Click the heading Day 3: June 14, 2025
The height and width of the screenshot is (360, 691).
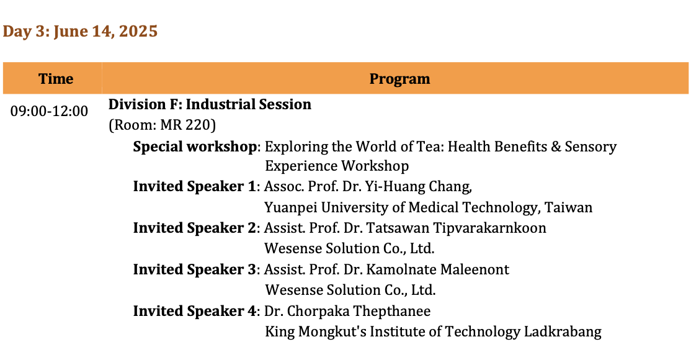click(x=80, y=31)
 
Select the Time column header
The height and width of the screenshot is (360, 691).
click(x=56, y=79)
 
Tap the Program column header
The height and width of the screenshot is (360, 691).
click(x=399, y=79)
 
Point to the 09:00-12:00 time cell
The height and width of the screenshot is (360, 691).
click(x=50, y=111)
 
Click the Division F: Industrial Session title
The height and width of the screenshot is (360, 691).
click(x=210, y=104)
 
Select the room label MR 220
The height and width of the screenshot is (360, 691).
click(x=187, y=125)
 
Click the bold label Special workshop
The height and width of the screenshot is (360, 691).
click(x=195, y=146)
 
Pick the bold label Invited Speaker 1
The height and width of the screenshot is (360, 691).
click(x=194, y=186)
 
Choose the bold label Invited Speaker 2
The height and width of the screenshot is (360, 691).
click(x=194, y=228)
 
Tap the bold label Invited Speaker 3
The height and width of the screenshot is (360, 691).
click(x=194, y=269)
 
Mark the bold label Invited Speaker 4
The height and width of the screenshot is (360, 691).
click(x=194, y=310)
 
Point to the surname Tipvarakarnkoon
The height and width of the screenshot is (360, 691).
click(x=489, y=228)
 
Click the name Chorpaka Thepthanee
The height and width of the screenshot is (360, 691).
click(x=359, y=311)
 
